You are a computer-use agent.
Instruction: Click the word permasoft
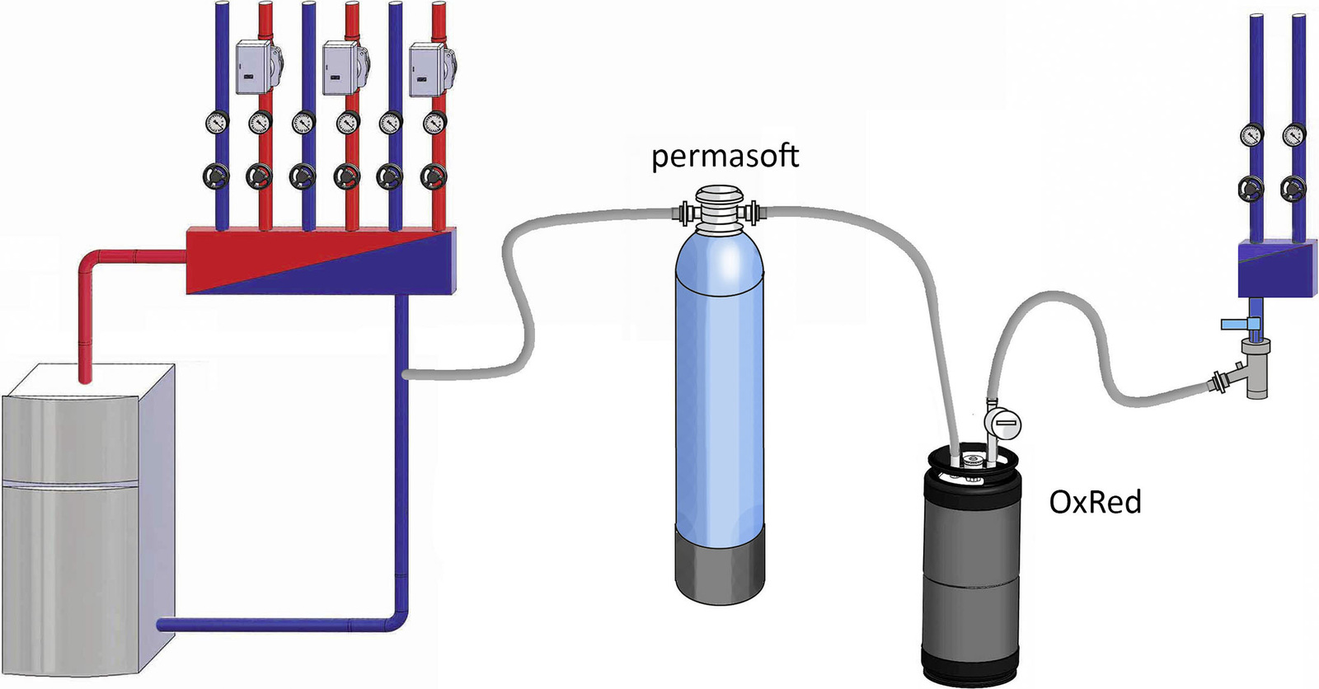click(x=725, y=156)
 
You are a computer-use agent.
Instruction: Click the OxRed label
click(x=1095, y=502)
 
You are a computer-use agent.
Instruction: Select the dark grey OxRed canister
click(x=973, y=577)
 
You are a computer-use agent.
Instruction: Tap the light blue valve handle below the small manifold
click(x=1236, y=325)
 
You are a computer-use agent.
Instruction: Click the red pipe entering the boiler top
click(x=84, y=330)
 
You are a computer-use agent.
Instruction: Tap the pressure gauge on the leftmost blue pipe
click(x=217, y=123)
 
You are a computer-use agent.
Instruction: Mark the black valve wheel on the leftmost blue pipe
click(x=217, y=176)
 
